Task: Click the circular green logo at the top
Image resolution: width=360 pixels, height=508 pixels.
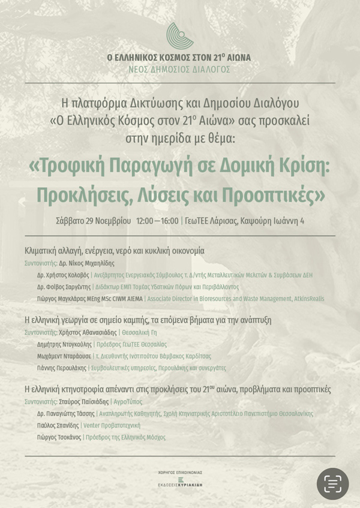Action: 179,36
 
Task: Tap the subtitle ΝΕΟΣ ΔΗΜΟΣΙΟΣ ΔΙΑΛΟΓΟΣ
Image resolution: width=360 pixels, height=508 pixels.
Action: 179,70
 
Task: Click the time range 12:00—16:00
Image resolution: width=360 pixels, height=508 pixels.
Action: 157,221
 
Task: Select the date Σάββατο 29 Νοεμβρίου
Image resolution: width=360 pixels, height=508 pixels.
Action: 93,221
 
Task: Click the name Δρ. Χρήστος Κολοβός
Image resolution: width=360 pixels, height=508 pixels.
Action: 63,275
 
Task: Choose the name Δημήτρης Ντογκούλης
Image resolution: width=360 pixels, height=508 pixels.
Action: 64,344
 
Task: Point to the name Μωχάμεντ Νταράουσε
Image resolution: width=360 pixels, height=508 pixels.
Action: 64,356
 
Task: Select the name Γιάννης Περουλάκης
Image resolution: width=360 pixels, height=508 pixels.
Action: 62,368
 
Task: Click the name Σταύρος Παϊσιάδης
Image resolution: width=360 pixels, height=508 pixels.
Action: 83,401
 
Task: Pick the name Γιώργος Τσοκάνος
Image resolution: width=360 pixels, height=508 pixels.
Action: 59,437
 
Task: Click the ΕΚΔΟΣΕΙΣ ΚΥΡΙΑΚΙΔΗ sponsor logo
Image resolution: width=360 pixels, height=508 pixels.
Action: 180,482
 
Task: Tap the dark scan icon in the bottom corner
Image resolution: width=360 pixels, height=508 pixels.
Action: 332,483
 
